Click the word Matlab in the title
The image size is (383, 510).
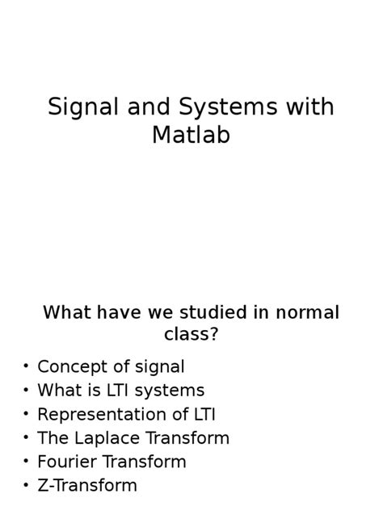pyautogui.click(x=191, y=135)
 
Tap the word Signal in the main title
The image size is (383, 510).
pyautogui.click(x=83, y=107)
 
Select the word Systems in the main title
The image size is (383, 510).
pyautogui.click(x=228, y=107)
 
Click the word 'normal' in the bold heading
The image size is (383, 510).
pyautogui.click(x=307, y=312)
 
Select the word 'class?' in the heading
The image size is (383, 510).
pyautogui.click(x=191, y=334)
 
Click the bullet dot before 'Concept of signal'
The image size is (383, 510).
pyautogui.click(x=26, y=366)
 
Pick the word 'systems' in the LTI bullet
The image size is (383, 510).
pyautogui.click(x=170, y=391)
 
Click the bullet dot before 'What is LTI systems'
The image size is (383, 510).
pyautogui.click(x=26, y=390)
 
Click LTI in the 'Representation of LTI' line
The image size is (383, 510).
pyautogui.click(x=204, y=415)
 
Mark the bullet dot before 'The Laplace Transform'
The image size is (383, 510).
pyautogui.click(x=26, y=437)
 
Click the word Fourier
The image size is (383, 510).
pyautogui.click(x=67, y=462)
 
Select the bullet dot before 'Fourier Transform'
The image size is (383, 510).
pyautogui.click(x=26, y=462)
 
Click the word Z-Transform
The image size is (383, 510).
pyautogui.click(x=87, y=485)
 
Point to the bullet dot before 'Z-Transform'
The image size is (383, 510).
pyautogui.click(x=26, y=485)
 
